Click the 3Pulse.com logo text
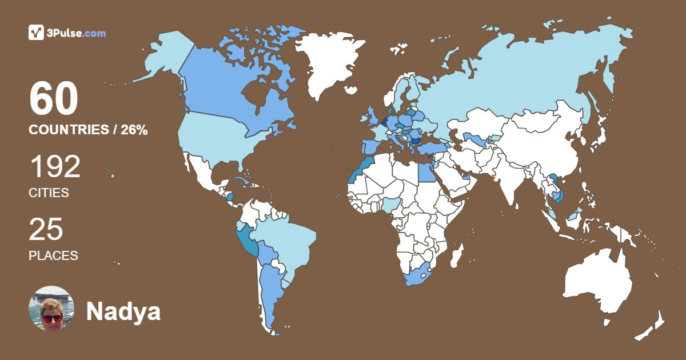(75, 33)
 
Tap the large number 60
(53, 100)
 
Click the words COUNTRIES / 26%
(88, 130)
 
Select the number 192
(55, 167)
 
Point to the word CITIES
(49, 193)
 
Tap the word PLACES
(53, 255)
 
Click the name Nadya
(123, 311)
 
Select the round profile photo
(51, 309)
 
